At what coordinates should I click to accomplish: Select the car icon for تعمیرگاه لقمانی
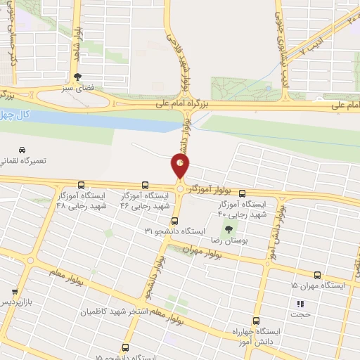22,150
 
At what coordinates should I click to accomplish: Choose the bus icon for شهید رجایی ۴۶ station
146,185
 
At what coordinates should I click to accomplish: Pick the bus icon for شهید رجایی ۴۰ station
243,193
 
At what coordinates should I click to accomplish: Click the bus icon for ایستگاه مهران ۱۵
317,276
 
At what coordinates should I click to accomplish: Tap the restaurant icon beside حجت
300,304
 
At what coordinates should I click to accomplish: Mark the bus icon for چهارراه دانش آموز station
256,320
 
